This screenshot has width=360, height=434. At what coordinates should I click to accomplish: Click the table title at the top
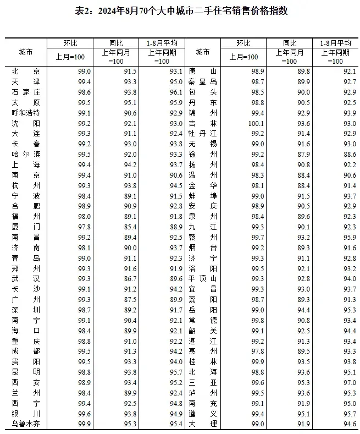[x=180, y=11]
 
